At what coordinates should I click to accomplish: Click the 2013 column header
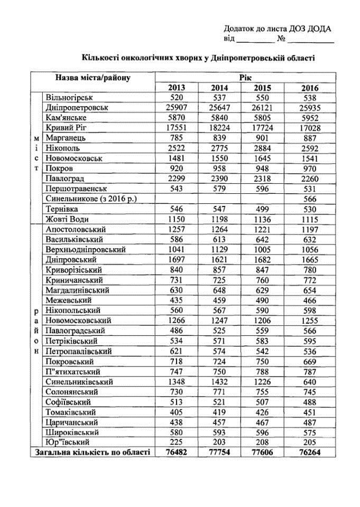(177, 88)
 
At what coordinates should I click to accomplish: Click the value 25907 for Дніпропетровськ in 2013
(177, 108)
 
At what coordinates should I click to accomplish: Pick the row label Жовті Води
(69, 219)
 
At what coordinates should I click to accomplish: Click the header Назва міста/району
(93, 78)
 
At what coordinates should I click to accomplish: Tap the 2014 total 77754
(219, 452)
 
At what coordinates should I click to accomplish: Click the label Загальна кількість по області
(93, 452)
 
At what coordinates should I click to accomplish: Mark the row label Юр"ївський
(68, 442)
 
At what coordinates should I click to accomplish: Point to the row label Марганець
(66, 138)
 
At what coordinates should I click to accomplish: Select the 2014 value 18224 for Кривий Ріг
(219, 128)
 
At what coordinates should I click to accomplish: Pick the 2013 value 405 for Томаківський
(177, 411)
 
